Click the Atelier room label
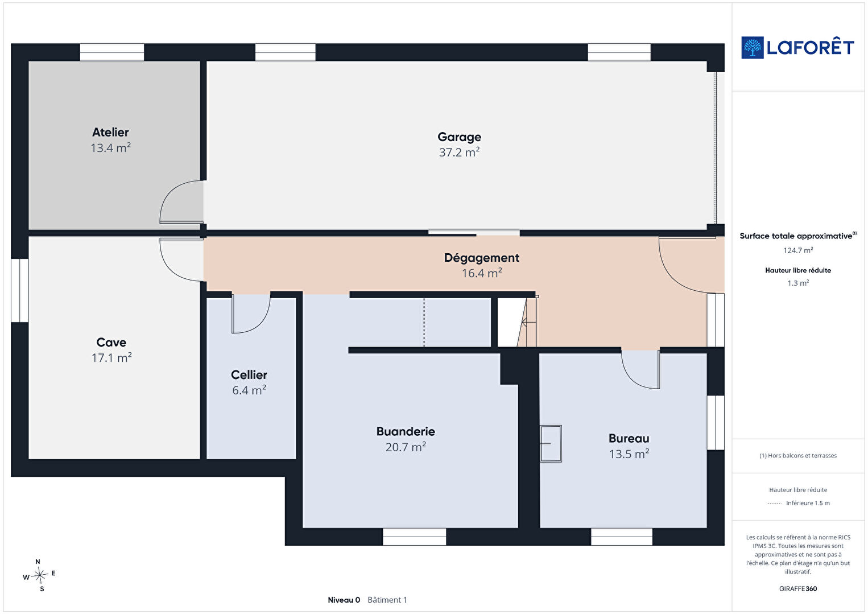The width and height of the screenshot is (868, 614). point(110,132)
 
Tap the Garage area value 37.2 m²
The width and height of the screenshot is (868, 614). point(459,152)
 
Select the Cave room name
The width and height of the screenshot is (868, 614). point(111,342)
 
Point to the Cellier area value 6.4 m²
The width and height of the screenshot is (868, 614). point(249,390)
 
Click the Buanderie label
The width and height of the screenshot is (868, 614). point(406,431)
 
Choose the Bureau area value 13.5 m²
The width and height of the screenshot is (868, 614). point(629,454)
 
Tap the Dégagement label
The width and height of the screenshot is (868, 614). point(482,258)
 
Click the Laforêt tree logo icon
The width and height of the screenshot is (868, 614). point(753,48)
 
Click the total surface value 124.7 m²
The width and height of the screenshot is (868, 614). point(798,250)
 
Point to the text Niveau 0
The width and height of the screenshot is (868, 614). point(344,600)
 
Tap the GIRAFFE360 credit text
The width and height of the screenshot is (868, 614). point(798,588)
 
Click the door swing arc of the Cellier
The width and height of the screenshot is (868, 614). point(259,324)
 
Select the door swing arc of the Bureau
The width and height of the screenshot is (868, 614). point(631,377)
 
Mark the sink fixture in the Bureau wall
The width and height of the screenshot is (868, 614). point(551,443)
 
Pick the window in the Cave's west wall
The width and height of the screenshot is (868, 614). point(19,291)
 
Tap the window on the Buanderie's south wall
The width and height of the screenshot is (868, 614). point(414,537)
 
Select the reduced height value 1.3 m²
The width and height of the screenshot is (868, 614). point(798,283)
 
